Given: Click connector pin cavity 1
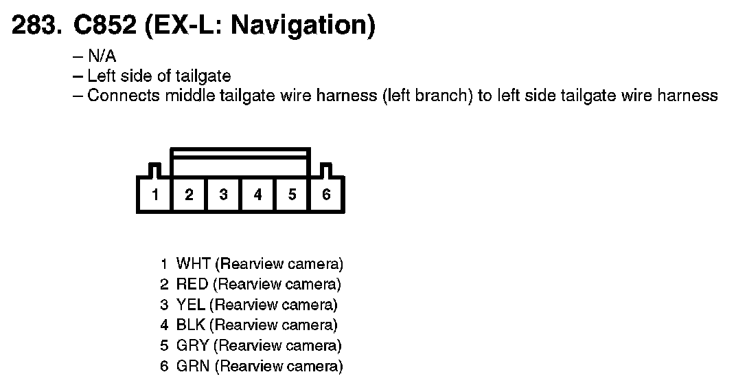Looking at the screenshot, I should tap(155, 195).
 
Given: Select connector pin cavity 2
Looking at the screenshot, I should tap(189, 195).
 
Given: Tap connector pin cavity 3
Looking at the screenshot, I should tap(223, 195).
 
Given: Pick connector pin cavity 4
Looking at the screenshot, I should tap(257, 195).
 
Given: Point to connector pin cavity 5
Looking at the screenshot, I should tap(292, 195).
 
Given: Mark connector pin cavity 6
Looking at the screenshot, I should tap(326, 195).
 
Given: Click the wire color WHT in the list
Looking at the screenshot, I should tap(193, 263).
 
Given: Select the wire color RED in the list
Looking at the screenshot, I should tap(192, 284).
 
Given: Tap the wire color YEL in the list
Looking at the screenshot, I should tap(190, 305).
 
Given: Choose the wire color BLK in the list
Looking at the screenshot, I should tap(190, 325).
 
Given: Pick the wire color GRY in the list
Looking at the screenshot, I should tap(192, 345).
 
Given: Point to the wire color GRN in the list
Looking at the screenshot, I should tap(192, 366).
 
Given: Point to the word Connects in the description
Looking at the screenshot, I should tap(123, 96).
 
